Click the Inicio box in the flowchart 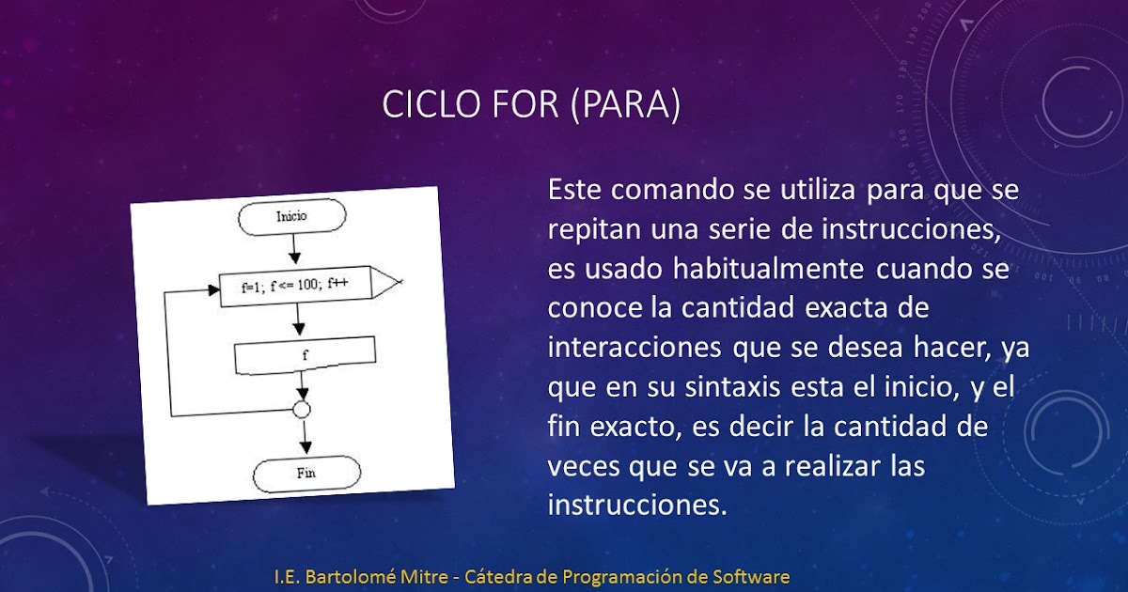pyautogui.click(x=292, y=217)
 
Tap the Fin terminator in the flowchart pyautogui.click(x=305, y=473)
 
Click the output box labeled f pyautogui.click(x=305, y=355)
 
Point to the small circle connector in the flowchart pyautogui.click(x=302, y=410)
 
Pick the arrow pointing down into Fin pyautogui.click(x=304, y=438)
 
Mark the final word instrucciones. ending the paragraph pyautogui.click(x=637, y=505)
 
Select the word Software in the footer pyautogui.click(x=752, y=576)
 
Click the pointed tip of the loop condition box pyautogui.click(x=401, y=281)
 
